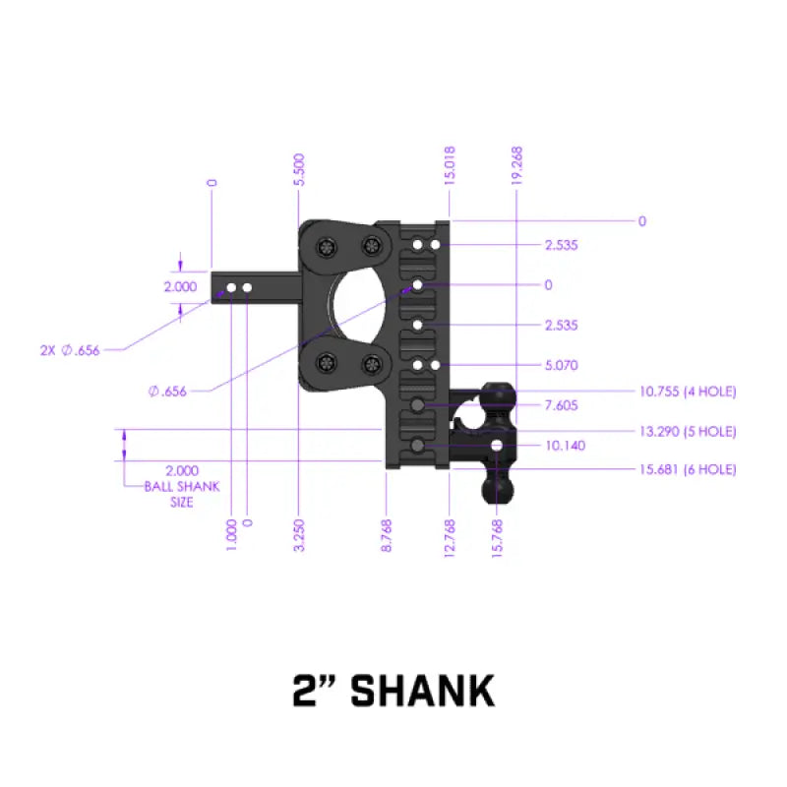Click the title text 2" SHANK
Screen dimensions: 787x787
pyautogui.click(x=393, y=692)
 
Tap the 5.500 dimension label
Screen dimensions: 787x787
pyautogui.click(x=300, y=169)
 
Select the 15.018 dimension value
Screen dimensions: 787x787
pyautogui.click(x=450, y=166)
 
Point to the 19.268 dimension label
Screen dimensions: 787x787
pyautogui.click(x=517, y=166)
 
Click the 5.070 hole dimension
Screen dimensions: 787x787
pyautogui.click(x=562, y=365)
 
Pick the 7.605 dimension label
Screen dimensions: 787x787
pyautogui.click(x=562, y=405)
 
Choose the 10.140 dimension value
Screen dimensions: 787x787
pyautogui.click(x=564, y=446)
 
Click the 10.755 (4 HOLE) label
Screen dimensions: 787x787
pyautogui.click(x=688, y=392)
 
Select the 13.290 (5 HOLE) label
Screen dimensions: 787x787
pyautogui.click(x=688, y=431)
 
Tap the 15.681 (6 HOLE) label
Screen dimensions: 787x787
pyautogui.click(x=688, y=470)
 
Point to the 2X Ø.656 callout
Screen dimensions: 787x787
pyautogui.click(x=70, y=350)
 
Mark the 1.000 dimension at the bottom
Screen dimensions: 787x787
pyautogui.click(x=231, y=534)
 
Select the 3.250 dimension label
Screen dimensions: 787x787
pyautogui.click(x=299, y=534)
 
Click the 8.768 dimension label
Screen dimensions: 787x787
pyautogui.click(x=387, y=534)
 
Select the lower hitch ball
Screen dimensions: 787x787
pyautogui.click(x=498, y=486)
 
